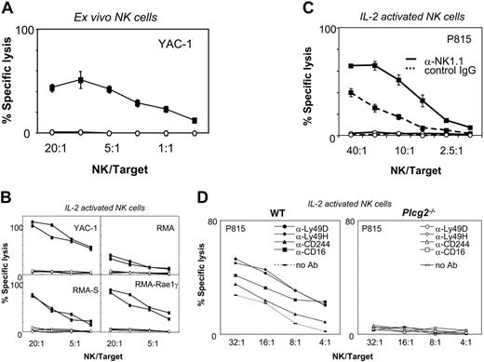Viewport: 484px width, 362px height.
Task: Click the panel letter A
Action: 7,7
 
